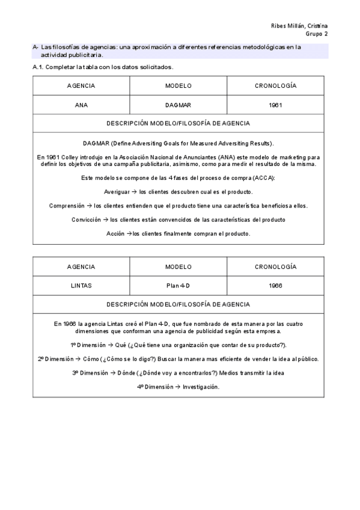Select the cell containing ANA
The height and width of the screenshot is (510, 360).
click(x=81, y=105)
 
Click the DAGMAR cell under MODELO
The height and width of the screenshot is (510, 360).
click(x=178, y=105)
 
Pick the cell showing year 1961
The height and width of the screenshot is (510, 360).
click(x=276, y=105)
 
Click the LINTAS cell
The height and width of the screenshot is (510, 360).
click(x=81, y=286)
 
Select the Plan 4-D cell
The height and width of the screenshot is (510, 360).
click(x=178, y=286)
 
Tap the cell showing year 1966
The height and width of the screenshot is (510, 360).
click(x=276, y=286)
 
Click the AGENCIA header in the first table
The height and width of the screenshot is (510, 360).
click(x=81, y=86)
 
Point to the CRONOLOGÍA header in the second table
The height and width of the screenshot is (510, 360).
click(x=276, y=266)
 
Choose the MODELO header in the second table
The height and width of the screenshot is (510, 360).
click(x=178, y=266)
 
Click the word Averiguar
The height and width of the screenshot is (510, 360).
click(x=117, y=192)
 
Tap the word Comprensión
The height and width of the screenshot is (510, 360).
click(x=66, y=206)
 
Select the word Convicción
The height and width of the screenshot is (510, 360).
click(x=86, y=220)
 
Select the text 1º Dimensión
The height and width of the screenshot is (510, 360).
click(x=88, y=345)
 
